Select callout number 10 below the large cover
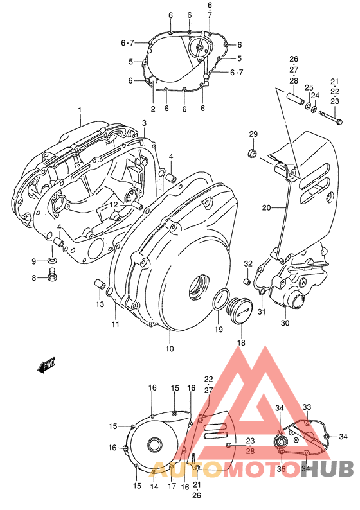coord(170,349)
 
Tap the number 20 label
coord(266,207)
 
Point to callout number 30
coord(285,323)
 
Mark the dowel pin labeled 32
coord(247,281)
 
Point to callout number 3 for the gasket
coord(145,123)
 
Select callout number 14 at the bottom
coord(154,486)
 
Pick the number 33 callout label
coord(307,407)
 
